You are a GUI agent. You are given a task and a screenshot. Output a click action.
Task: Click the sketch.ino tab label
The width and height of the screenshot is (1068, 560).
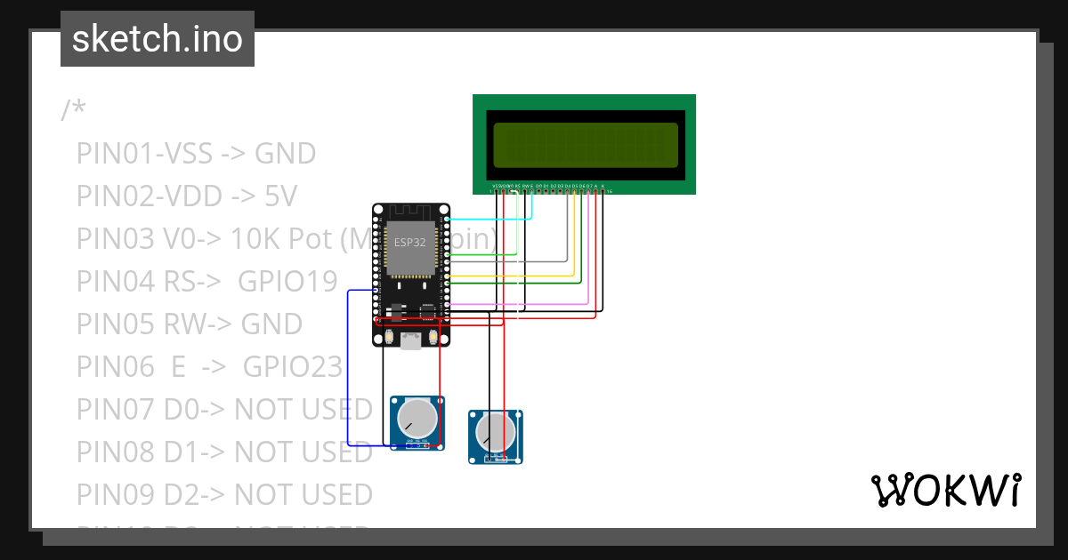tap(157, 39)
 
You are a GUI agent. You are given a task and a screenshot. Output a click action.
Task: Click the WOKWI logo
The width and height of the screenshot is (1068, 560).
tap(945, 491)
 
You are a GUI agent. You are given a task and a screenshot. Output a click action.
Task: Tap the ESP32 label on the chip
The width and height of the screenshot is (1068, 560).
tap(410, 241)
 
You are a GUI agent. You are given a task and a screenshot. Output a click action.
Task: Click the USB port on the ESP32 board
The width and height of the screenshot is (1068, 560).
tap(411, 340)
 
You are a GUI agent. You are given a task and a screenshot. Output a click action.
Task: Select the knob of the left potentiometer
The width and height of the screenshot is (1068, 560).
tap(417, 417)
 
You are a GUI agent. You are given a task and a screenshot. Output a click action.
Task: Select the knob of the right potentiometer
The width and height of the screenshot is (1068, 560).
tap(495, 432)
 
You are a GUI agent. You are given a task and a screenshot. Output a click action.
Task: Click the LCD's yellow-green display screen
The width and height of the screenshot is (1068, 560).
tap(585, 145)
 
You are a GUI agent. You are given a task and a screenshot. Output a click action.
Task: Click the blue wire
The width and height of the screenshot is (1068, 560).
tap(348, 373)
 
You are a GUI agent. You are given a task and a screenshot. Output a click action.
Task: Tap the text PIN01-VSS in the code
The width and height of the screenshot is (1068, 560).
tap(144, 154)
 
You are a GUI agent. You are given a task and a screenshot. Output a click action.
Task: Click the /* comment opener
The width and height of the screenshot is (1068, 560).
tap(73, 111)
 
